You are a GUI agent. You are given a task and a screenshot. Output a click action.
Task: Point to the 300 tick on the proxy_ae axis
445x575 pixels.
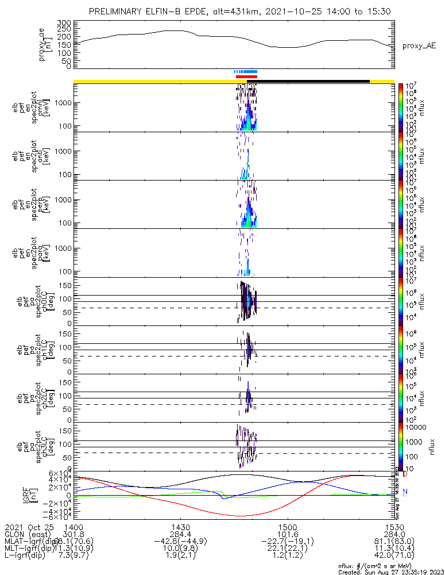tap(64, 22)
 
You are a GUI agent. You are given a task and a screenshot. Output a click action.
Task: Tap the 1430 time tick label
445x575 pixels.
tap(180, 527)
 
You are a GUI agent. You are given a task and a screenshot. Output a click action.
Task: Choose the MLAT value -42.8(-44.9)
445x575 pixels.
tap(180, 543)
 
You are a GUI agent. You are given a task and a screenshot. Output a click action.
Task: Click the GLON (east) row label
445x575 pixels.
tap(30, 535)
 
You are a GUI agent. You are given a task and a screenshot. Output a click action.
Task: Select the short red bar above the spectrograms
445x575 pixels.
tap(246, 76)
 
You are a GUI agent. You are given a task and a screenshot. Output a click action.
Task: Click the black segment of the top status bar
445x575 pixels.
tap(313, 81)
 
